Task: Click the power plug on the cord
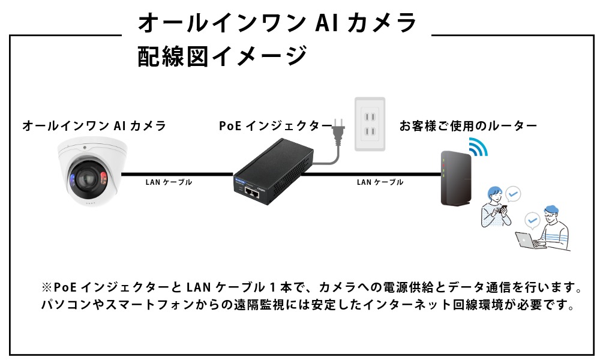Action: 338,127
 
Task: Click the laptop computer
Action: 528,241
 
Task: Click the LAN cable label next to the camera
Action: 169,182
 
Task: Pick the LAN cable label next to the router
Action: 380,182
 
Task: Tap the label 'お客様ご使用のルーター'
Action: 468,126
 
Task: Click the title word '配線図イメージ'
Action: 223,57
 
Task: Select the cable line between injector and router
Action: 372,175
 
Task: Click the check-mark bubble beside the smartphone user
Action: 513,194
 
